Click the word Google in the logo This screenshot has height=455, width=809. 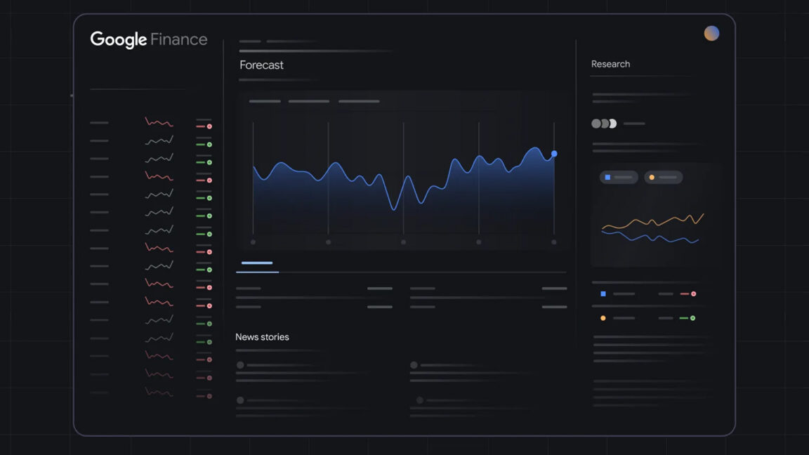click(118, 39)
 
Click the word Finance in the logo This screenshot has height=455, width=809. click(178, 39)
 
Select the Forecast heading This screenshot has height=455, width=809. click(261, 65)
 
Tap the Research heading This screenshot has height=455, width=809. click(610, 64)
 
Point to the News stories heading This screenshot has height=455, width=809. click(262, 337)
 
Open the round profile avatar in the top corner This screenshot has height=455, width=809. click(711, 33)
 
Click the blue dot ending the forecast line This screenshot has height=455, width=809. click(554, 153)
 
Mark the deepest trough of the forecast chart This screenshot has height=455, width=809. click(394, 209)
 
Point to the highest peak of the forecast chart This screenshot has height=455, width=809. click(535, 148)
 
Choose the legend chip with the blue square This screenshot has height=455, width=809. click(619, 178)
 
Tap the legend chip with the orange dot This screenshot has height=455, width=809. click(663, 178)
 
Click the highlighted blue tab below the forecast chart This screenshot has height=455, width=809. click(257, 263)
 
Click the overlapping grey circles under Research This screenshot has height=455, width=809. click(604, 124)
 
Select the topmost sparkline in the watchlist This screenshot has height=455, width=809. click(159, 122)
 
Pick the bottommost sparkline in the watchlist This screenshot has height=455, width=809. click(159, 392)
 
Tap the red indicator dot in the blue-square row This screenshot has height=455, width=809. click(693, 294)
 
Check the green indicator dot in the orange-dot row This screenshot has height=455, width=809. click(692, 318)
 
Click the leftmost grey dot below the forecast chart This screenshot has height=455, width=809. click(253, 242)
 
